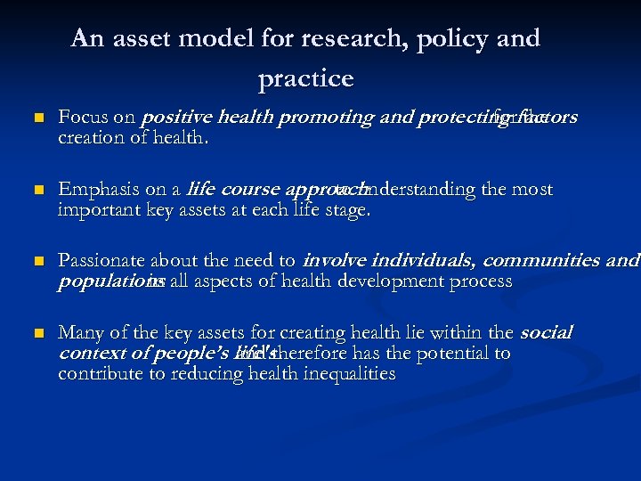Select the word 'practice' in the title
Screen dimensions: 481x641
pyautogui.click(x=305, y=79)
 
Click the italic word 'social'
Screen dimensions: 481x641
pyautogui.click(x=545, y=333)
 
